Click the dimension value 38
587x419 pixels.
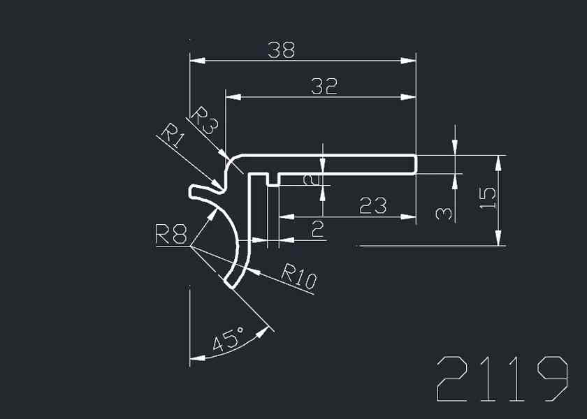point(281,50)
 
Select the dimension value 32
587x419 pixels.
point(324,86)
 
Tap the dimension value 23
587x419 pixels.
point(372,205)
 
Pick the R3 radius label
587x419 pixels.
point(205,120)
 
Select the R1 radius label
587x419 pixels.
point(172,135)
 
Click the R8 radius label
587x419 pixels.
point(171,235)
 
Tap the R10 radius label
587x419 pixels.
point(298,277)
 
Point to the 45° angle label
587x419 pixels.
point(227,340)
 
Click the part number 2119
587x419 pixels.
point(502,379)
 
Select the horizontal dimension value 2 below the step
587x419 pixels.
point(318,229)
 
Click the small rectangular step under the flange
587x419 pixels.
point(273,180)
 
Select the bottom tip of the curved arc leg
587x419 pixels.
point(230,284)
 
